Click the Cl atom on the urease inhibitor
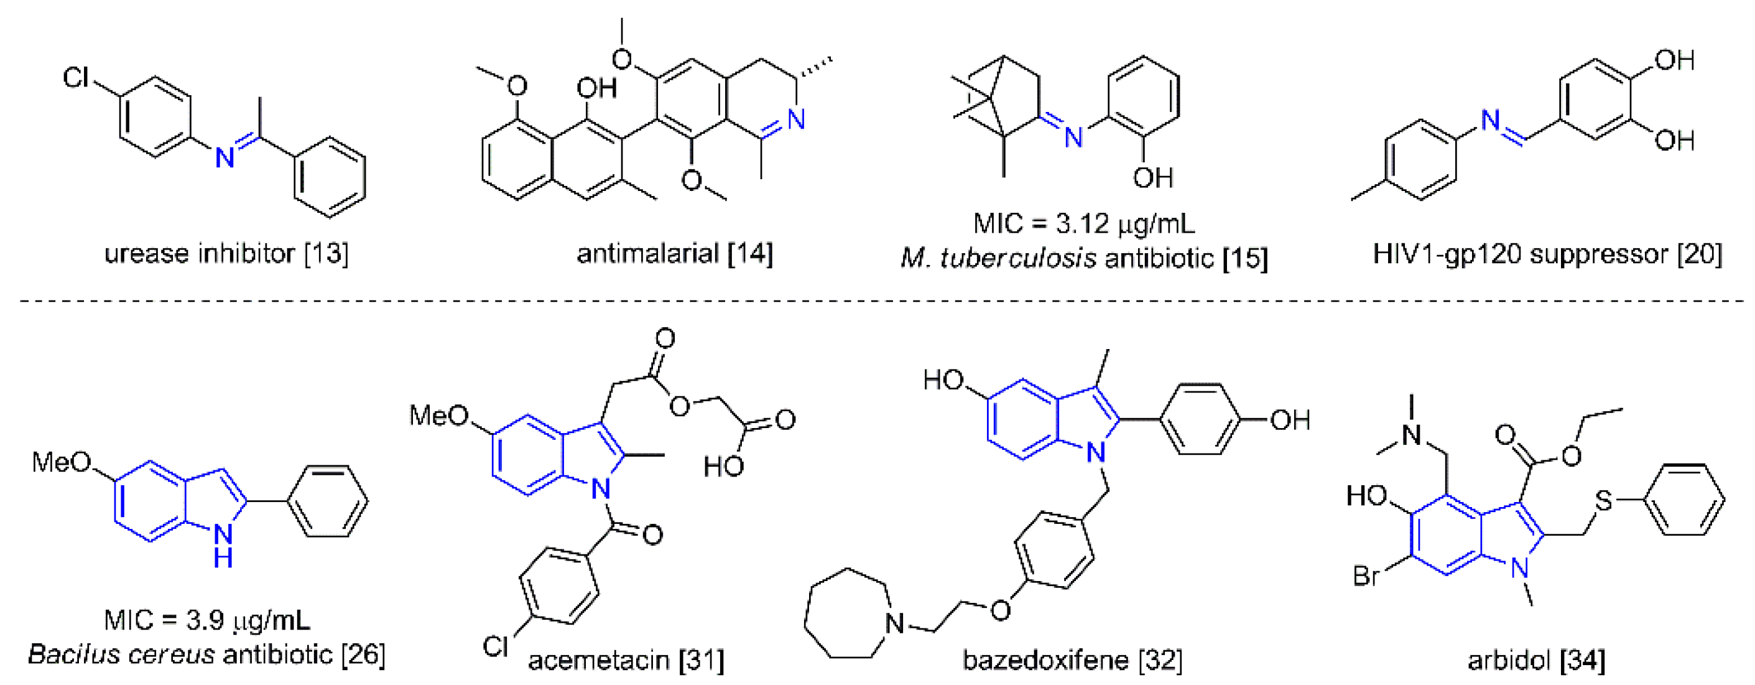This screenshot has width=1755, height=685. click(76, 77)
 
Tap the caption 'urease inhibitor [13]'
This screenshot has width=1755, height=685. click(226, 254)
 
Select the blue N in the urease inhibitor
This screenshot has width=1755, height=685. click(225, 158)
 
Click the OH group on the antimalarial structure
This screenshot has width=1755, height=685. click(596, 88)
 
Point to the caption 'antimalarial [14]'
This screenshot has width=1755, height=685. click(675, 254)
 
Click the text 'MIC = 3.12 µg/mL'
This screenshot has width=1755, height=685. click(1083, 223)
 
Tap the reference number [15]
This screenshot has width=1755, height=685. click(1244, 258)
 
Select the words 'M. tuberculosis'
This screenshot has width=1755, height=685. click(998, 258)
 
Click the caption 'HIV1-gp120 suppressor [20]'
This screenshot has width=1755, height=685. click(1547, 254)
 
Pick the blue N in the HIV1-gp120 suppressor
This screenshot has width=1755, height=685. click(1491, 121)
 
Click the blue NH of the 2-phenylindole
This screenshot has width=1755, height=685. click(223, 545)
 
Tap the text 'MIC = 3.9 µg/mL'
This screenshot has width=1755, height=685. click(207, 620)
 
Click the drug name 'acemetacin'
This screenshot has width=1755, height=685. click(598, 659)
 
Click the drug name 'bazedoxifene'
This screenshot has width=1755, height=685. click(1045, 659)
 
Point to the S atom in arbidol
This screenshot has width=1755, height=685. click(1603, 501)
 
